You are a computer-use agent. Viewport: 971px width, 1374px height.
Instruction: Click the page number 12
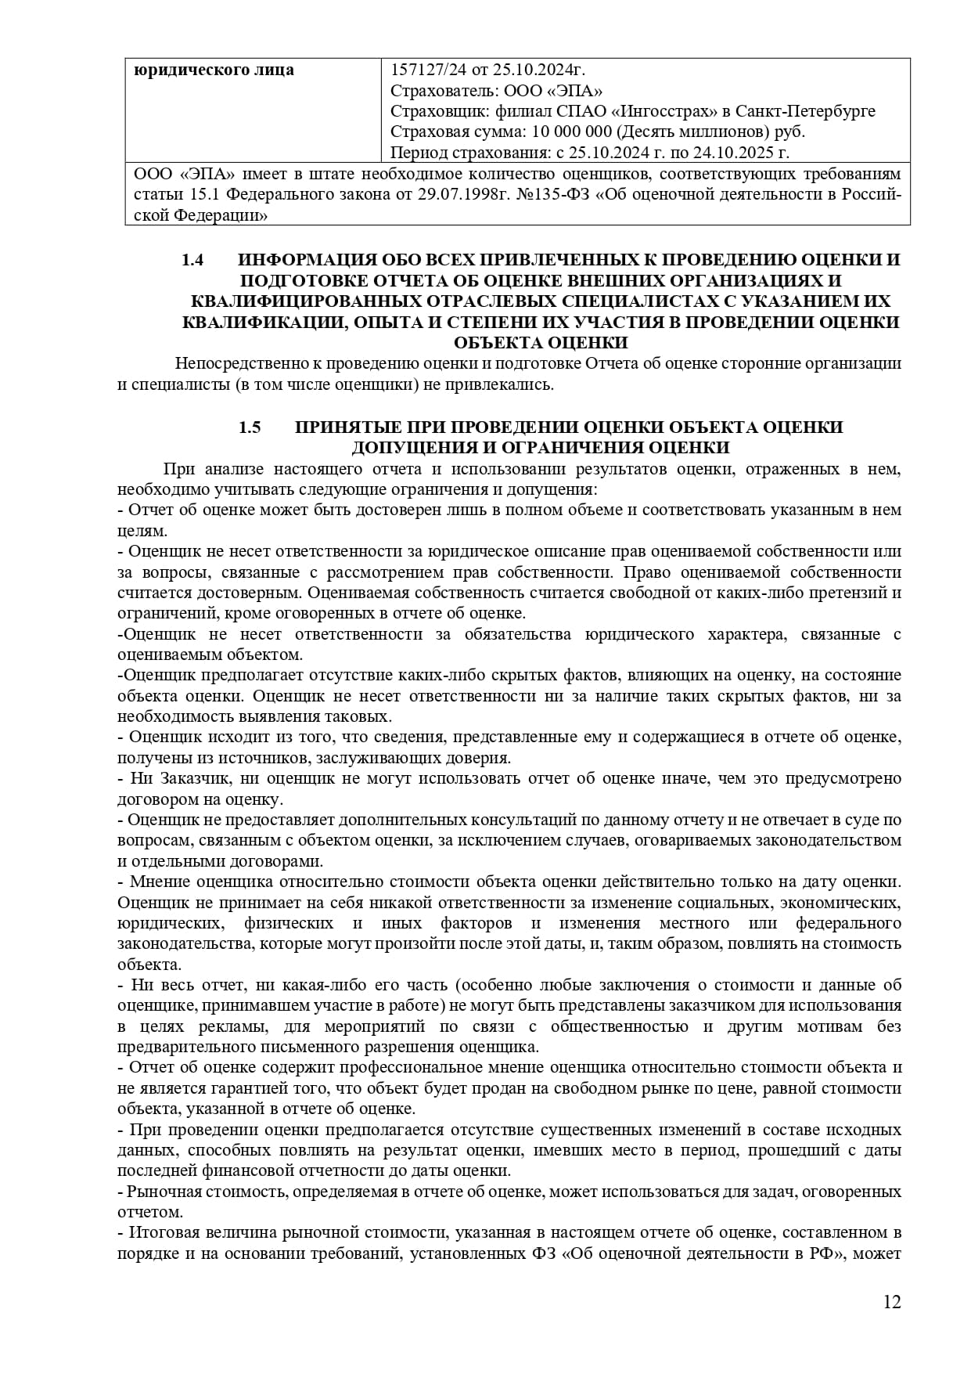(892, 1324)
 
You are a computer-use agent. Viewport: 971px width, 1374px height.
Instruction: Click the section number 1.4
(192, 260)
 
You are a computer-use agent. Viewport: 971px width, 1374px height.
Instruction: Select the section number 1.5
(249, 427)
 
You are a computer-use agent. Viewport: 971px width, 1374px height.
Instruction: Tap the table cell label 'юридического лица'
(214, 70)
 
